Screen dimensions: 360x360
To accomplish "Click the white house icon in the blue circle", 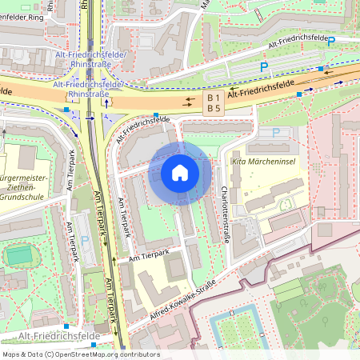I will pos(180,172).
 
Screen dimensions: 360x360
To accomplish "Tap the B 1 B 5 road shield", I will pos(214,102).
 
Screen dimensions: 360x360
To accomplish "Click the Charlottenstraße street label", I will pos(224,216).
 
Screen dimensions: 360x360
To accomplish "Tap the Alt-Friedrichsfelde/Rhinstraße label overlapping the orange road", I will pos(88,89).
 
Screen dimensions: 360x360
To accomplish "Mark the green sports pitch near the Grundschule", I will pos(20,255).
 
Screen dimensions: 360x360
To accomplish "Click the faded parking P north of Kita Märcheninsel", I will pos(277,132).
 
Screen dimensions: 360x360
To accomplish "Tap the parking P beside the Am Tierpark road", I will pos(85,240).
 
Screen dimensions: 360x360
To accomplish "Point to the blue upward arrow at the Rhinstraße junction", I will pos(105,106).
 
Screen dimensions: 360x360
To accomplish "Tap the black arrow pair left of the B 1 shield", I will pos(189,102).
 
